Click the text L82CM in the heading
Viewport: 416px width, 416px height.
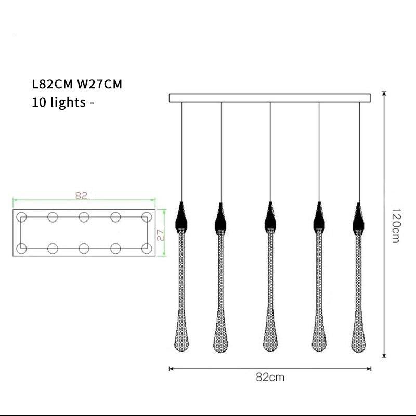[x=52, y=84]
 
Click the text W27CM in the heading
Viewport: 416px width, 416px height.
[x=99, y=84]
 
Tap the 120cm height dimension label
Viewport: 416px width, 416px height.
[x=395, y=226]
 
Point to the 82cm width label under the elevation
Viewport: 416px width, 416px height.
[x=270, y=377]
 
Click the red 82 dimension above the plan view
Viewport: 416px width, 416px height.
[x=82, y=196]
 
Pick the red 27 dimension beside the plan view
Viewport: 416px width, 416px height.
[x=160, y=235]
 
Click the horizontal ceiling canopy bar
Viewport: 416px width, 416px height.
[x=270, y=98]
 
